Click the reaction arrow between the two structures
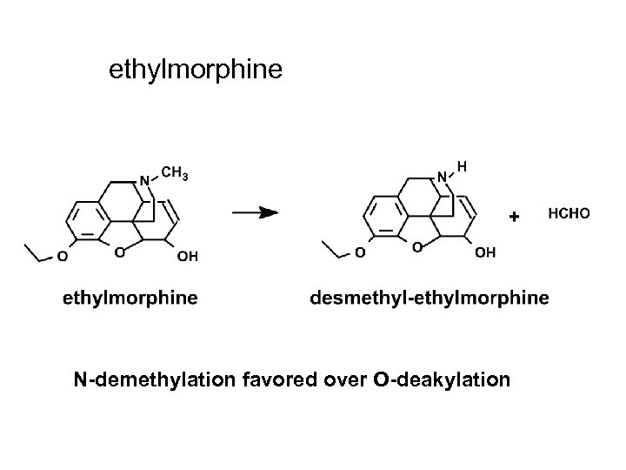255,212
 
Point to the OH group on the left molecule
186,255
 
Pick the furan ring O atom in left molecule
119,252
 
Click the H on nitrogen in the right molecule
462,164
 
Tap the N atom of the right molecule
442,177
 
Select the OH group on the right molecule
487,253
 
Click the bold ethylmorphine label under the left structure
130,299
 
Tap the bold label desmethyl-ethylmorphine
430,299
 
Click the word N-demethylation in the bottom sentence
142,379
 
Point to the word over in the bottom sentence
327,379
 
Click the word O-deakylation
430,379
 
